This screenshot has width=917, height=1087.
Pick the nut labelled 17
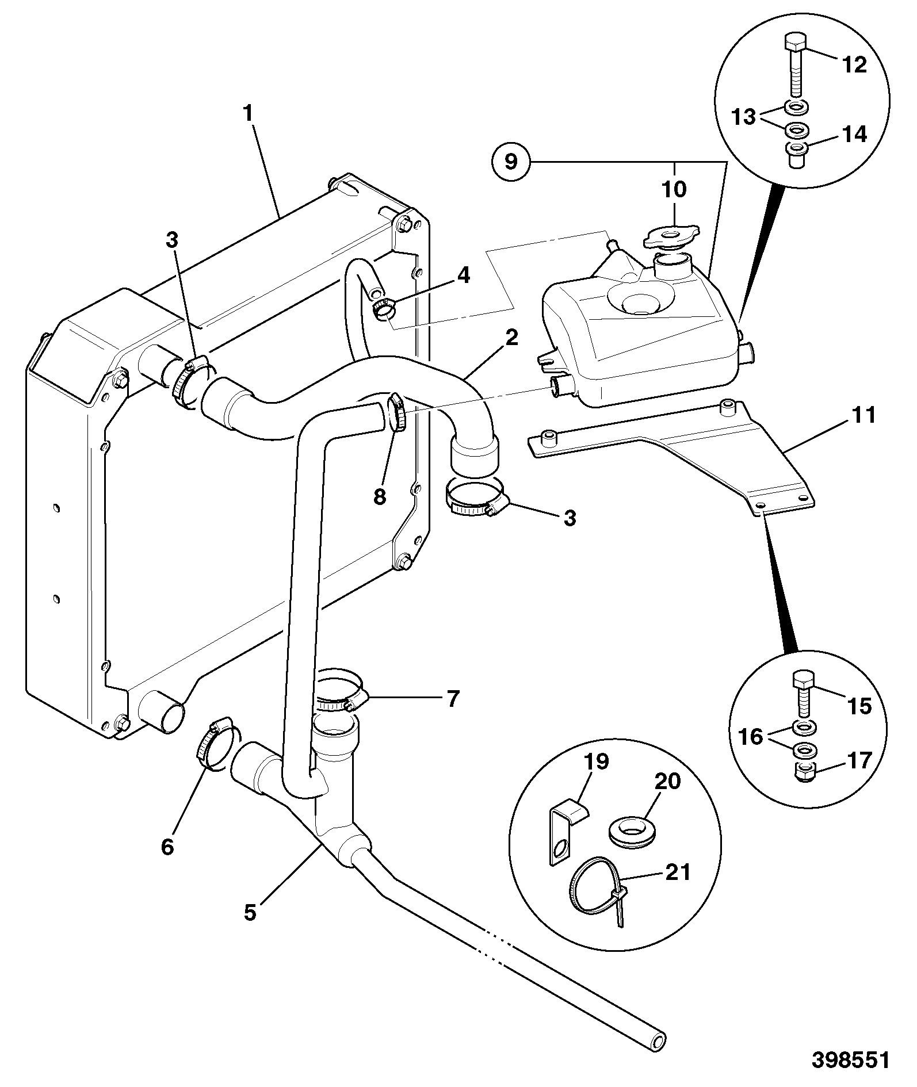click(x=804, y=771)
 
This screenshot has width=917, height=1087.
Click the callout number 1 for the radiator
click(x=247, y=113)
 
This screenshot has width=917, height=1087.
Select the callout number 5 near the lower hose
click(x=250, y=912)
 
